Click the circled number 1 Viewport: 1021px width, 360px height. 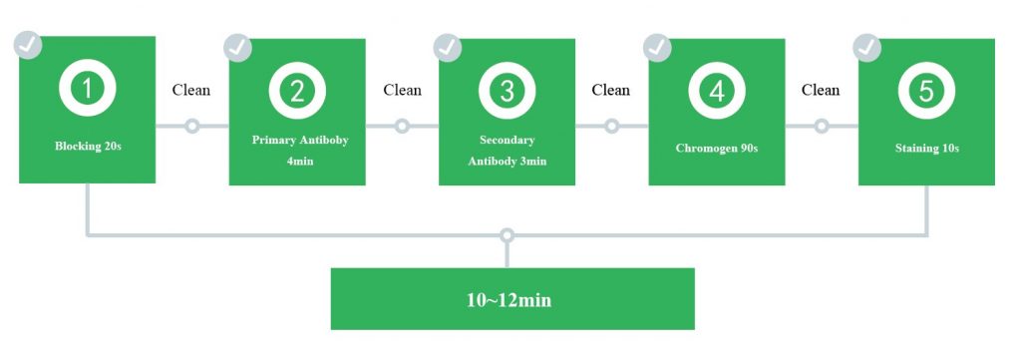pos(88,88)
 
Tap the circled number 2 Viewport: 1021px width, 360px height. pos(297,91)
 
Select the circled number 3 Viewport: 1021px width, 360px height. pos(508,91)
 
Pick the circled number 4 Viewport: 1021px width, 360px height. pos(717,91)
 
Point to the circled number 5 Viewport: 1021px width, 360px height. pos(926,91)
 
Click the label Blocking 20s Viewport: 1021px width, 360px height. pos(88,147)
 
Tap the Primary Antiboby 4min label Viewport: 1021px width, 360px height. pos(300,151)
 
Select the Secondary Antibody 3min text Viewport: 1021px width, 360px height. pos(508,151)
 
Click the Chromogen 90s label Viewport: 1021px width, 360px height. pos(717,149)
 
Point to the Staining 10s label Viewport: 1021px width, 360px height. pos(926,149)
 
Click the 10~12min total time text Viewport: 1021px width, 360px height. pos(510,300)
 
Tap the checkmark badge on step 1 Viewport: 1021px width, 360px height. pos(28,45)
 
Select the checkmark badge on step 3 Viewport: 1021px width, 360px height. pos(448,48)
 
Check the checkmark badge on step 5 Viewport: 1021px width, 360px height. pos(866,48)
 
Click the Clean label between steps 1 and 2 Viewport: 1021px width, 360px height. pos(191,90)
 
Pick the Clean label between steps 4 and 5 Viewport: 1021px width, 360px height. pos(821,90)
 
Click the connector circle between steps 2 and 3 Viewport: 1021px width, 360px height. pos(402,126)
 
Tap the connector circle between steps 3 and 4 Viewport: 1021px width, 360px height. pos(611,126)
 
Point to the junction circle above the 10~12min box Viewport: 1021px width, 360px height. pos(508,235)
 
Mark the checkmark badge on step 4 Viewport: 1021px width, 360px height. pos(657,48)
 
